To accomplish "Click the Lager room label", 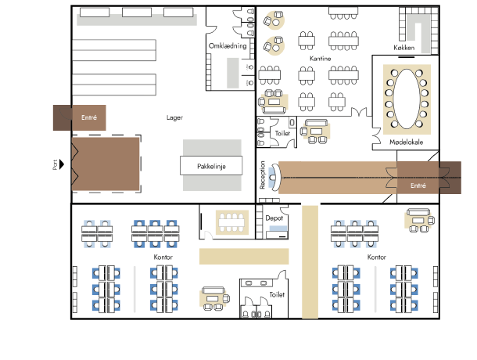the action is tap(174, 117).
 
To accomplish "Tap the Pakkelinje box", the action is tap(211, 165).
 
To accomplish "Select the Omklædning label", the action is tap(228, 46).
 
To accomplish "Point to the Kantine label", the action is tap(320, 58).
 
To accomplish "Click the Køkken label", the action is tap(404, 48).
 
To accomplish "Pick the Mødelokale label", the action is tap(406, 142).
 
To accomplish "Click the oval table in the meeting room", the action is tap(407, 99).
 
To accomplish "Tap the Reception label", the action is tap(263, 175).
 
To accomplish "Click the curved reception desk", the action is tap(275, 177).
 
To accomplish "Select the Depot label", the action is tap(274, 218).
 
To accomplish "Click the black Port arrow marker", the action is tap(62, 164).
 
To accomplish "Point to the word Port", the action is tap(55, 164).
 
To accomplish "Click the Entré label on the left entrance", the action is tap(89, 117).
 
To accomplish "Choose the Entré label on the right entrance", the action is tap(418, 185).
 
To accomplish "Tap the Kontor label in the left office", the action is tap(163, 257).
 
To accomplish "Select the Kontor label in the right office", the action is tap(377, 257).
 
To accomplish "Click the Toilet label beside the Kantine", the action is tap(282, 133).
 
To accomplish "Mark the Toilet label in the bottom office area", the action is tap(277, 294).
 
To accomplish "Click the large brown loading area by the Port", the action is tap(106, 164).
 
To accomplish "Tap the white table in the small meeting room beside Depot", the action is tap(231, 222).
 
